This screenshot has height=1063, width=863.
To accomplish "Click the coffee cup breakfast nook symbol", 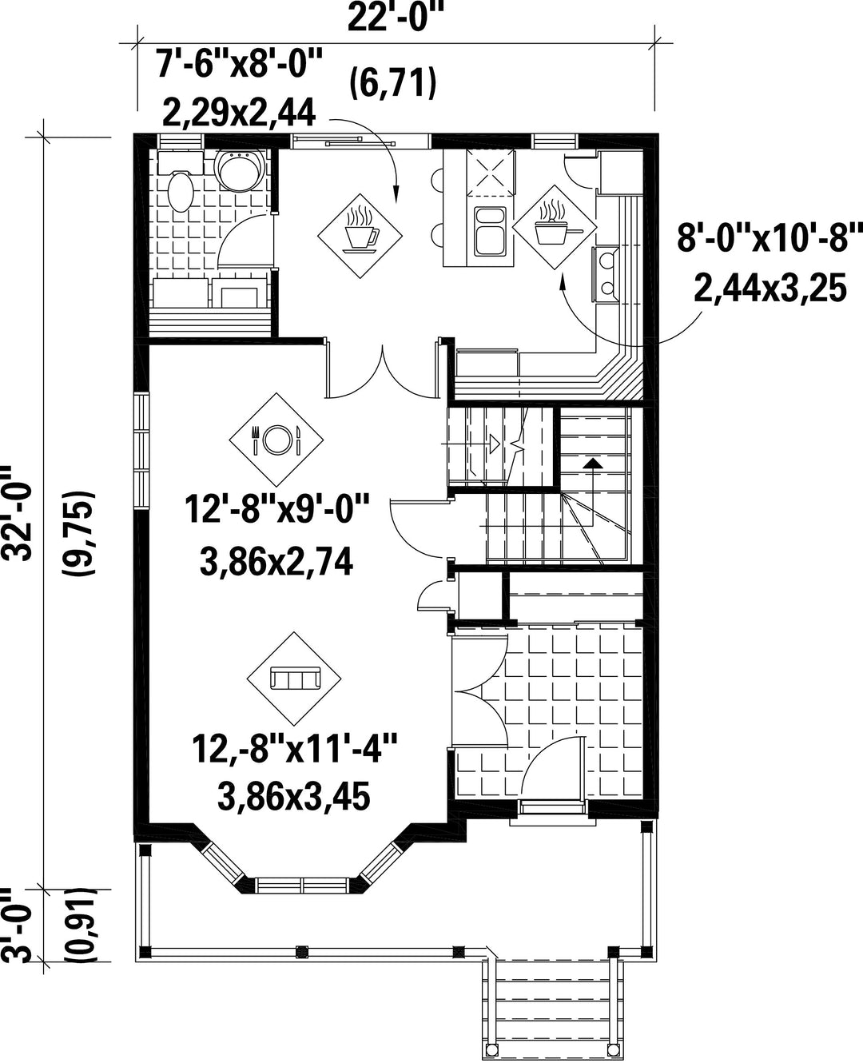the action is point(360,236).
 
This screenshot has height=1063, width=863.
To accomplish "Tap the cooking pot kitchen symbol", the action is point(555,227).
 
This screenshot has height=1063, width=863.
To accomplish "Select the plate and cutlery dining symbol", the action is point(276,439).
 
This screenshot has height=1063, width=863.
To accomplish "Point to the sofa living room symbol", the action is point(294,679).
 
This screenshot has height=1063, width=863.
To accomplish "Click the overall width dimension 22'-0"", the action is point(395,18).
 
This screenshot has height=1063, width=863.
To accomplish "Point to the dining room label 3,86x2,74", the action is point(276,561).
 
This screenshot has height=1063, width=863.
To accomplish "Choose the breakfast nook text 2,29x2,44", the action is point(239,113).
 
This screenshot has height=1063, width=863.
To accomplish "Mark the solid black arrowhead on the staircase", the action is point(593,463).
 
